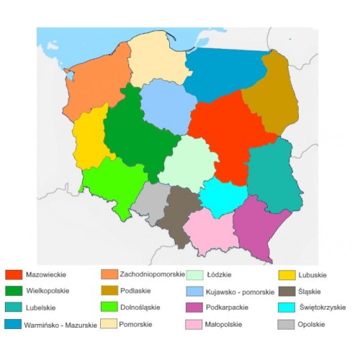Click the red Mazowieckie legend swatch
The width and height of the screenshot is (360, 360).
14,274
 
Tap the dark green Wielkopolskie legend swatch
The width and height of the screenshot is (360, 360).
14,291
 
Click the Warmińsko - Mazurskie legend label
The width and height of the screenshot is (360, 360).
60,324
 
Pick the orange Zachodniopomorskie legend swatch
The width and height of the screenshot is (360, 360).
109,274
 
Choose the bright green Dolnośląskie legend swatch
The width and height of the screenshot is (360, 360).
109,307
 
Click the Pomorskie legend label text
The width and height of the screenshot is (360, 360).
140,325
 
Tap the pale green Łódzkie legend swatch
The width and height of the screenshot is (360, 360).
194,274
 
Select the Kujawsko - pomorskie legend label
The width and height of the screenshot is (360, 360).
240,292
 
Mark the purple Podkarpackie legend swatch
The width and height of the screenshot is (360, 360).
194,307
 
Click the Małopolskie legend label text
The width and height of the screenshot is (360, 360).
226,325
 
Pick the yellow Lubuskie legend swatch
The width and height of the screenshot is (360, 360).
287,274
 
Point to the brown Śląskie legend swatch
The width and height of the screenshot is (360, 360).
287,291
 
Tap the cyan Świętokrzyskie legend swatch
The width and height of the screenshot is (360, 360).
287,307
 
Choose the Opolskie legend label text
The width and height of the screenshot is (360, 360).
316,325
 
